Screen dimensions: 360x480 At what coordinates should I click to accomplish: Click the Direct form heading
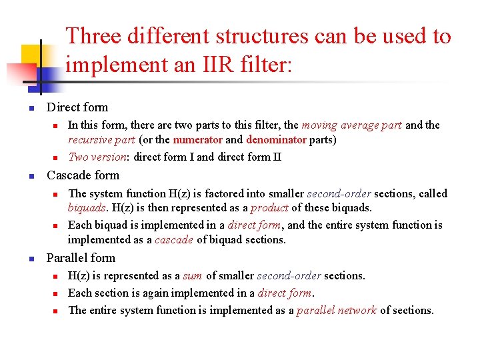[x=77, y=107]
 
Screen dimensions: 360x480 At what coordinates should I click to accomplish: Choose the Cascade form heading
[x=83, y=175]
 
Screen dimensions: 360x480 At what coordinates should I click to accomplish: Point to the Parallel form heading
[x=81, y=258]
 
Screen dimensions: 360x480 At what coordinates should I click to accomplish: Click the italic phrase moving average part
[x=351, y=125]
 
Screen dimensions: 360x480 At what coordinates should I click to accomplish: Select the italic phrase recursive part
[x=101, y=140]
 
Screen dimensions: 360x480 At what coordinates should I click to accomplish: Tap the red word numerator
[x=197, y=140]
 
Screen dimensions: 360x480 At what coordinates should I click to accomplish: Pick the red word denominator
[x=275, y=140]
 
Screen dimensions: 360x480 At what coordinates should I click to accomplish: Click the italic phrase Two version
[x=98, y=157]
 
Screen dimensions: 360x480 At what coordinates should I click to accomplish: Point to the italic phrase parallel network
[x=337, y=310]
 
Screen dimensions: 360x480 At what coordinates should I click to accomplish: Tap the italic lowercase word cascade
[x=173, y=240]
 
